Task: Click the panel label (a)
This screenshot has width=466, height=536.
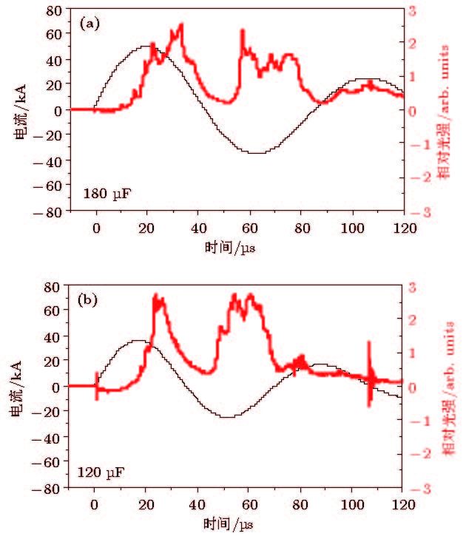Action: pyautogui.click(x=90, y=24)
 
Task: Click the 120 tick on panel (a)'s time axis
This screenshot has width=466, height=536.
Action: pyautogui.click(x=403, y=227)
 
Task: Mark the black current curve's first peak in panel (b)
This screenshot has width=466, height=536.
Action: pyautogui.click(x=138, y=341)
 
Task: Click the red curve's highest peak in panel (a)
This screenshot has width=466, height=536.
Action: pyautogui.click(x=180, y=26)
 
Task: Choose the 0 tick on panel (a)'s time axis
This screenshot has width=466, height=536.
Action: pyautogui.click(x=95, y=227)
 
